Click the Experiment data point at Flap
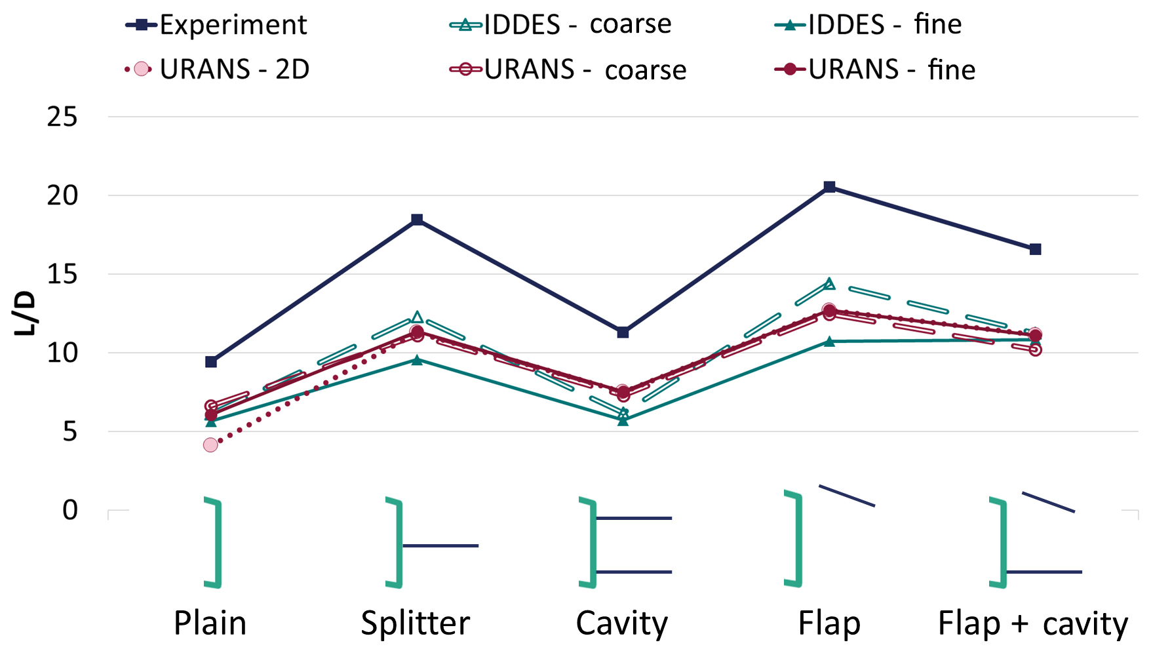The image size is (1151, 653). pos(829,187)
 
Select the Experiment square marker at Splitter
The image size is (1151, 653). pos(417,220)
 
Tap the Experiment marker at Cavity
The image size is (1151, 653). pos(623,332)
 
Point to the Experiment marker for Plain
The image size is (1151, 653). pos(211,362)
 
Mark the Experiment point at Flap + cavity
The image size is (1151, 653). pos(1035,249)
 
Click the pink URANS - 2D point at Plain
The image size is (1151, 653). pos(210,445)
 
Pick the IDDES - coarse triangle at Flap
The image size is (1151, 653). pos(829,284)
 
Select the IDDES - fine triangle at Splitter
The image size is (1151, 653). pos(417,360)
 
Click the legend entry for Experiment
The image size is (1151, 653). pos(216,25)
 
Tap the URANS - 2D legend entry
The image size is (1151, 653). pos(218,69)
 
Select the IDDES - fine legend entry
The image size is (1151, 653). pos(868,25)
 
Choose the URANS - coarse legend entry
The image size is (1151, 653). pos(568,69)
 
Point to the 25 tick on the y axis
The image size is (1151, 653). pos(62,117)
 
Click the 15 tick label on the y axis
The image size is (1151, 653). pos(62,275)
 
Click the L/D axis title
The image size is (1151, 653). pos(25,313)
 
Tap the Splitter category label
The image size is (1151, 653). pos(416,623)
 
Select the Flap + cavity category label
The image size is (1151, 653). pos(1033,623)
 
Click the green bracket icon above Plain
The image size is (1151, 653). pos(214,543)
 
